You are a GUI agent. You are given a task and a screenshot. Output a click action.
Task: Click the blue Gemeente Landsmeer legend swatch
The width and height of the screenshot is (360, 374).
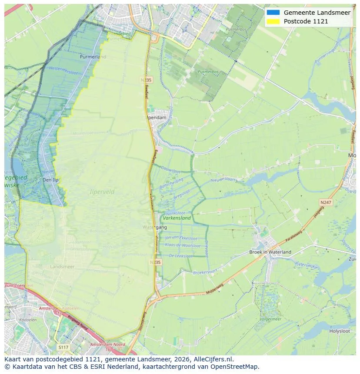point(273,13)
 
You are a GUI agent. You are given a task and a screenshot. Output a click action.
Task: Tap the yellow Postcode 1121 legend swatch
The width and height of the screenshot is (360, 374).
point(273,21)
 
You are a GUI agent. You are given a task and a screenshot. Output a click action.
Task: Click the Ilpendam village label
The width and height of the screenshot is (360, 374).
point(157,117)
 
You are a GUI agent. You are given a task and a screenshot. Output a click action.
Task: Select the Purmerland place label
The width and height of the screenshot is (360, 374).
point(93,56)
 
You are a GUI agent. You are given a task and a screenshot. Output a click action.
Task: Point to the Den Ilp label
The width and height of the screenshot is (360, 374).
point(50,180)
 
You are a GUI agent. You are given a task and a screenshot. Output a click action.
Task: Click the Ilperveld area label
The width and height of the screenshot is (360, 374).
point(103,191)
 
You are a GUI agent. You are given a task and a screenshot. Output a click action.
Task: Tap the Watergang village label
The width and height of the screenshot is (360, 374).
point(152,227)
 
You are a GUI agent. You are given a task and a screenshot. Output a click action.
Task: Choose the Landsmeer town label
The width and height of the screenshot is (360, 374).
point(62,266)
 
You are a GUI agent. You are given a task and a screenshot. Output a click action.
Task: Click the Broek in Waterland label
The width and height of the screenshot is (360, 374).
point(270,252)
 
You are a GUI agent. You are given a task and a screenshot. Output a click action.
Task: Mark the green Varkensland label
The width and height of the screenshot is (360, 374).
point(177,218)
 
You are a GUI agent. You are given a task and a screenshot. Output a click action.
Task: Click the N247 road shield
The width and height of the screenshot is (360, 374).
point(325,202)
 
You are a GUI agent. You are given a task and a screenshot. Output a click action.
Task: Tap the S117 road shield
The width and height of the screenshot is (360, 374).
point(63,347)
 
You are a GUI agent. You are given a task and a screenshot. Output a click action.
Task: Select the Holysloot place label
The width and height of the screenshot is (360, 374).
point(340,331)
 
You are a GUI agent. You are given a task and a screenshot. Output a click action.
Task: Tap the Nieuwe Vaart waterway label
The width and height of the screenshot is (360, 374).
point(223,180)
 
